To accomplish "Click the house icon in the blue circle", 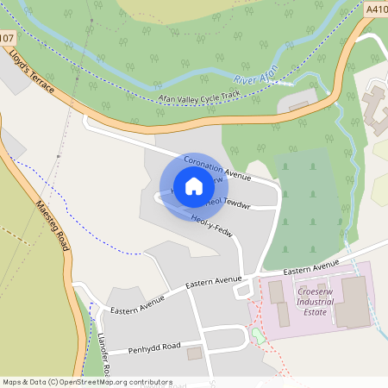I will [x=194, y=186].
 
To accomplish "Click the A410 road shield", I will [x=377, y=9].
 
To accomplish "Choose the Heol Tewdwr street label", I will [x=225, y=204].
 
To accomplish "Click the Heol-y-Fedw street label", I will [x=211, y=225].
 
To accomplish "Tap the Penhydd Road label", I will [x=155, y=347].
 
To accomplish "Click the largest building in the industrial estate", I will [x=350, y=301].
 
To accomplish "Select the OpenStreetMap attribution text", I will [x=87, y=381].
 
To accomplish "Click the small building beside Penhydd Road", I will [x=194, y=353].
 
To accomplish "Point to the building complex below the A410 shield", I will [x=377, y=104].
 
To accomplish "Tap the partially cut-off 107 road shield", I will [x=7, y=38].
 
